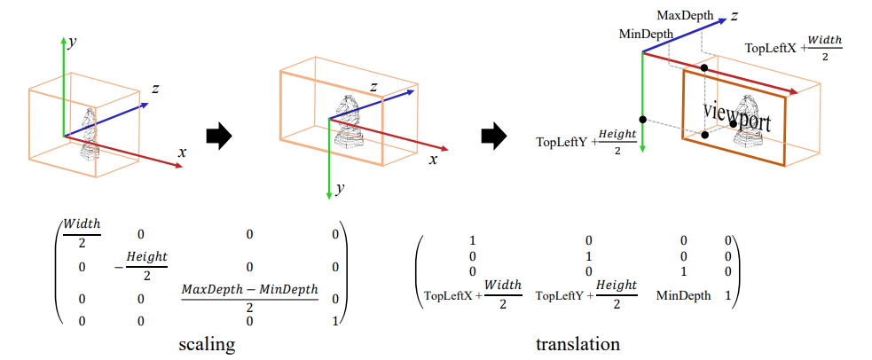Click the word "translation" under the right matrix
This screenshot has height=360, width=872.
[x=577, y=344]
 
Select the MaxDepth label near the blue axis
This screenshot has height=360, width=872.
[x=685, y=15]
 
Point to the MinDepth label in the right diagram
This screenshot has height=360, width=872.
[x=646, y=33]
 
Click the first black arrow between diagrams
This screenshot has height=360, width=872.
[x=218, y=136]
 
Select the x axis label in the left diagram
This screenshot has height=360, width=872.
[x=182, y=152]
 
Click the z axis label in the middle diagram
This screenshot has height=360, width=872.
[x=374, y=86]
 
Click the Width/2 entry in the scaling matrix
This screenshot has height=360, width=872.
[x=81, y=232]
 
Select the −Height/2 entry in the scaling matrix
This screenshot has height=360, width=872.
[x=139, y=265]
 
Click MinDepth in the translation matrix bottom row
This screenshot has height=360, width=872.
[x=683, y=295]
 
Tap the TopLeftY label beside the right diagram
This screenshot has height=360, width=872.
[x=563, y=142]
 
